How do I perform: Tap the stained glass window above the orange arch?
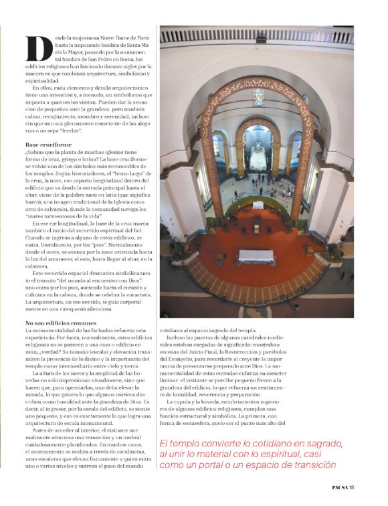pos(258,97)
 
